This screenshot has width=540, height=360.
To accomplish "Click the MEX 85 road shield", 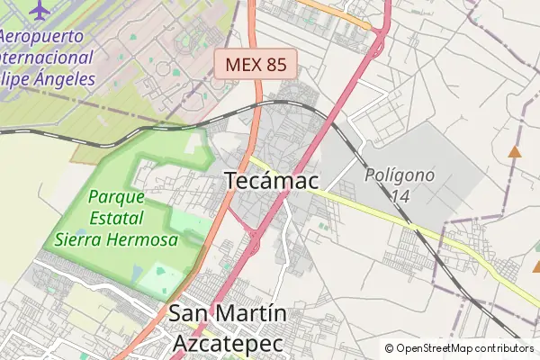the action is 256,64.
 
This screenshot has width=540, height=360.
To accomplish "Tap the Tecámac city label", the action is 271,181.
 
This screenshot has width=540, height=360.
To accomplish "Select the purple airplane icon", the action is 40,9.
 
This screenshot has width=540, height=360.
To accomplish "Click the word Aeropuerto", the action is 41,36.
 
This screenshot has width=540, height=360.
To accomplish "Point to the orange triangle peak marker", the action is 514,151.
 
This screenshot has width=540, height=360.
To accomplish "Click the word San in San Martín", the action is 187,315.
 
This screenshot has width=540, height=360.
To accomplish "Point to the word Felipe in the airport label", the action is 11,78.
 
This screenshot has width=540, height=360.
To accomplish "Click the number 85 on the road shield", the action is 277,64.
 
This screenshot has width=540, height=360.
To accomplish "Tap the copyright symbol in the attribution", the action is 389,348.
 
